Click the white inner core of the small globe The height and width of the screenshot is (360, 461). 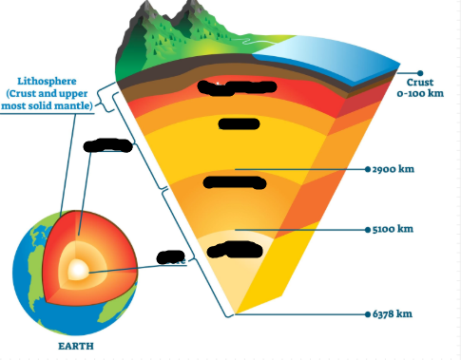(x=81, y=273)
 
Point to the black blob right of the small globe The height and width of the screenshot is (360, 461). (x=170, y=256)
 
